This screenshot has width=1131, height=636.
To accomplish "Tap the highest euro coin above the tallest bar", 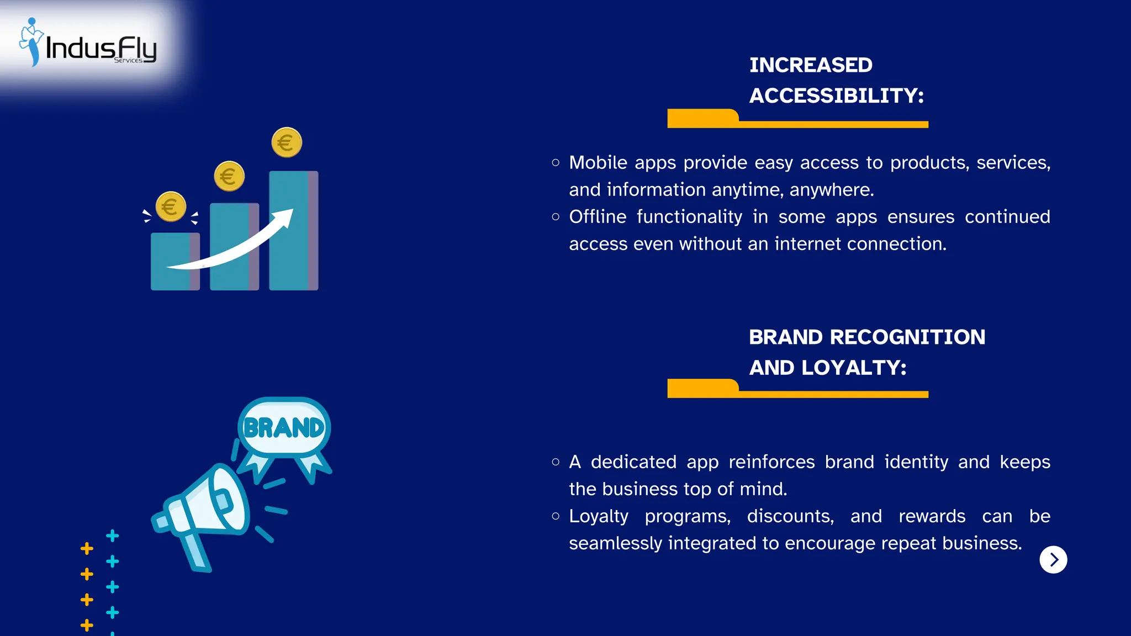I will click(287, 142).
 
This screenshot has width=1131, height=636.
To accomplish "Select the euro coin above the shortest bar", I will click(171, 206).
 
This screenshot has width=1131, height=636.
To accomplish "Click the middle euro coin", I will click(229, 176).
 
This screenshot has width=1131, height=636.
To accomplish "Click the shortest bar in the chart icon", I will click(175, 262).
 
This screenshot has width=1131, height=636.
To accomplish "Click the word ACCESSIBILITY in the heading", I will click(836, 96).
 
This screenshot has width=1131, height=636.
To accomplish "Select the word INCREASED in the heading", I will click(811, 65).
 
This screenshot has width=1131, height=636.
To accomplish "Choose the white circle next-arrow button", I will click(1053, 560).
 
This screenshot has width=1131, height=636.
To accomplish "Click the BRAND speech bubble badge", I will click(284, 427).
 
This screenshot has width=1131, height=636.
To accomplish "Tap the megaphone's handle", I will click(196, 552).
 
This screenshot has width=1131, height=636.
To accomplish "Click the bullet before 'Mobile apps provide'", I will click(556, 162).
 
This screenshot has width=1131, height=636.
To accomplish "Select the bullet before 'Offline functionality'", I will click(556, 216).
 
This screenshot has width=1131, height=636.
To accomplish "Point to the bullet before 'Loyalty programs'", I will click(556, 516).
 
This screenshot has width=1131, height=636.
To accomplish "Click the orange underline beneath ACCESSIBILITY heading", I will click(797, 123).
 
